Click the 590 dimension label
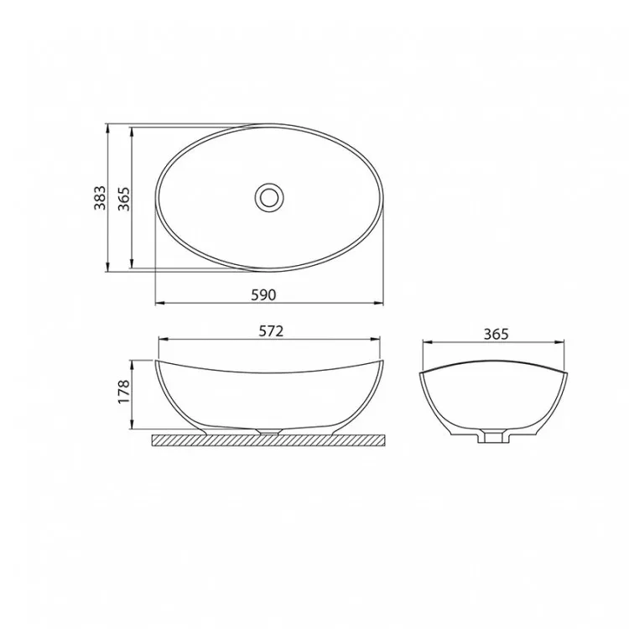pos(263,295)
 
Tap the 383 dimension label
pos(100,198)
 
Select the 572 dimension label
pos(271,331)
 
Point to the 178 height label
pos(124,392)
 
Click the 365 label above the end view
pos(496,334)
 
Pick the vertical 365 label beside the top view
pos(124,199)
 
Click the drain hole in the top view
pos(269,196)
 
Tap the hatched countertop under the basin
pos(268,440)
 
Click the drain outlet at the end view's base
pos(493,436)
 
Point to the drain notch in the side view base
pos(269,431)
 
